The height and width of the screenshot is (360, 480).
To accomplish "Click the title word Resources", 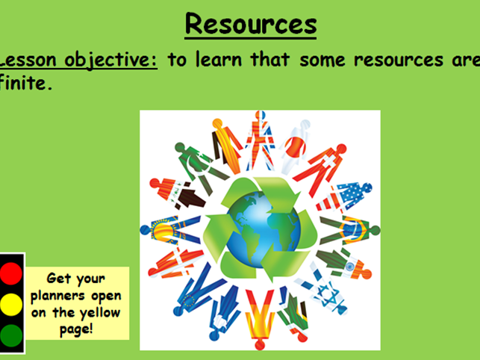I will (250, 24).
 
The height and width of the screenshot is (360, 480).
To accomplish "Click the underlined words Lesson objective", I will (79, 60).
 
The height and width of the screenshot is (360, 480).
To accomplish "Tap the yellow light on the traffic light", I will (12, 302).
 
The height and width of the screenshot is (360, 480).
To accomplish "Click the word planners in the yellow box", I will (74, 295).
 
